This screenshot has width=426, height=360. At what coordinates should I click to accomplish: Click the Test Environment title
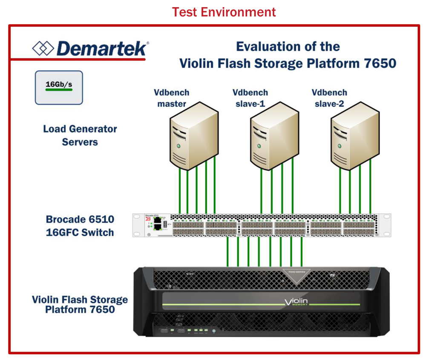click(224, 11)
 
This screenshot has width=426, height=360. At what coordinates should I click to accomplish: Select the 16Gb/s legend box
click(59, 87)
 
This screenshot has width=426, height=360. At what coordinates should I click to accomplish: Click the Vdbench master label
click(172, 98)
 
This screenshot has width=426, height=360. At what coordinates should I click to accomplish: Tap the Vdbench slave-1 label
click(250, 98)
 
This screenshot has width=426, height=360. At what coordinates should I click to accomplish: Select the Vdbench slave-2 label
click(329, 98)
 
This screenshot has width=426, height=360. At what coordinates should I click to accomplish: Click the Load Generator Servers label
click(80, 135)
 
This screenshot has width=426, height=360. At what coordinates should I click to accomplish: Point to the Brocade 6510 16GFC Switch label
click(80, 226)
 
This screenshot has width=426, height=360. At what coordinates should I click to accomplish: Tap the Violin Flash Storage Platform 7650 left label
click(80, 304)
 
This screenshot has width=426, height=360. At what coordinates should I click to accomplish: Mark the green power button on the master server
click(179, 146)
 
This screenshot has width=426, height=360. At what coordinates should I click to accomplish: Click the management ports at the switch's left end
click(158, 225)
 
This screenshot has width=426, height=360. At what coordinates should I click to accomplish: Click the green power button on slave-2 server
click(340, 146)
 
